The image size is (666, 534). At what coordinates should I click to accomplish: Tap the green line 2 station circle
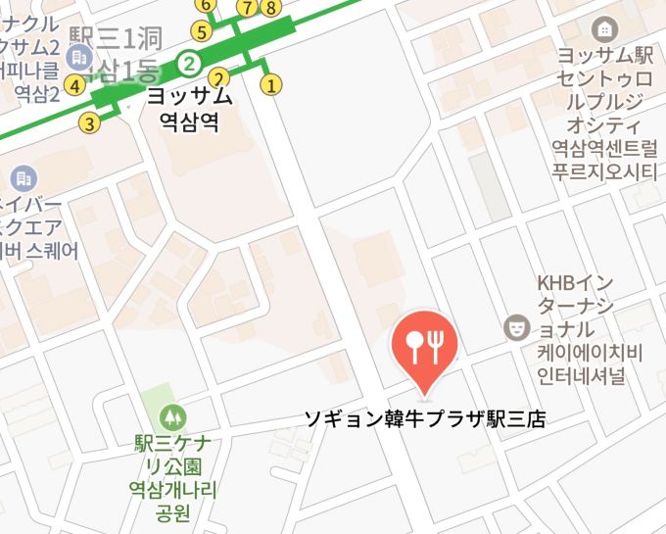pyautogui.click(x=190, y=66)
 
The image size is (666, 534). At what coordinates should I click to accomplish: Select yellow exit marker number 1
pyautogui.click(x=271, y=84)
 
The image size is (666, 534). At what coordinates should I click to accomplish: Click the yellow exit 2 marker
pyautogui.click(x=220, y=77)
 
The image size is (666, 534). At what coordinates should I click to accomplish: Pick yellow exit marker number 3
pyautogui.click(x=90, y=123)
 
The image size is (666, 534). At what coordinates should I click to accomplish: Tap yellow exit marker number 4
pyautogui.click(x=74, y=84)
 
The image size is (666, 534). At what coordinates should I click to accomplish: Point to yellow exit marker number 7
pyautogui.click(x=247, y=9)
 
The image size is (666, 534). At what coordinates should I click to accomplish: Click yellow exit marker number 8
pyautogui.click(x=270, y=9)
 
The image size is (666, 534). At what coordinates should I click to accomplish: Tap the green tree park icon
pyautogui.click(x=173, y=416)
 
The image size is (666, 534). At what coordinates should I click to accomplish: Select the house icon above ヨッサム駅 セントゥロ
pyautogui.click(x=606, y=29)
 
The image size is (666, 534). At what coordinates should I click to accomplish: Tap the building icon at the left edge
pyautogui.click(x=22, y=179)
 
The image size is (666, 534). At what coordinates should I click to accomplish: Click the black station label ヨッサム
pyautogui.click(x=189, y=97)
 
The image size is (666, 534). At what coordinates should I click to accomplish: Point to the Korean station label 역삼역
pyautogui.click(x=189, y=121)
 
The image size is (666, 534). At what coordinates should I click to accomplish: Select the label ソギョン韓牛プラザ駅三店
pyautogui.click(x=424, y=420)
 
